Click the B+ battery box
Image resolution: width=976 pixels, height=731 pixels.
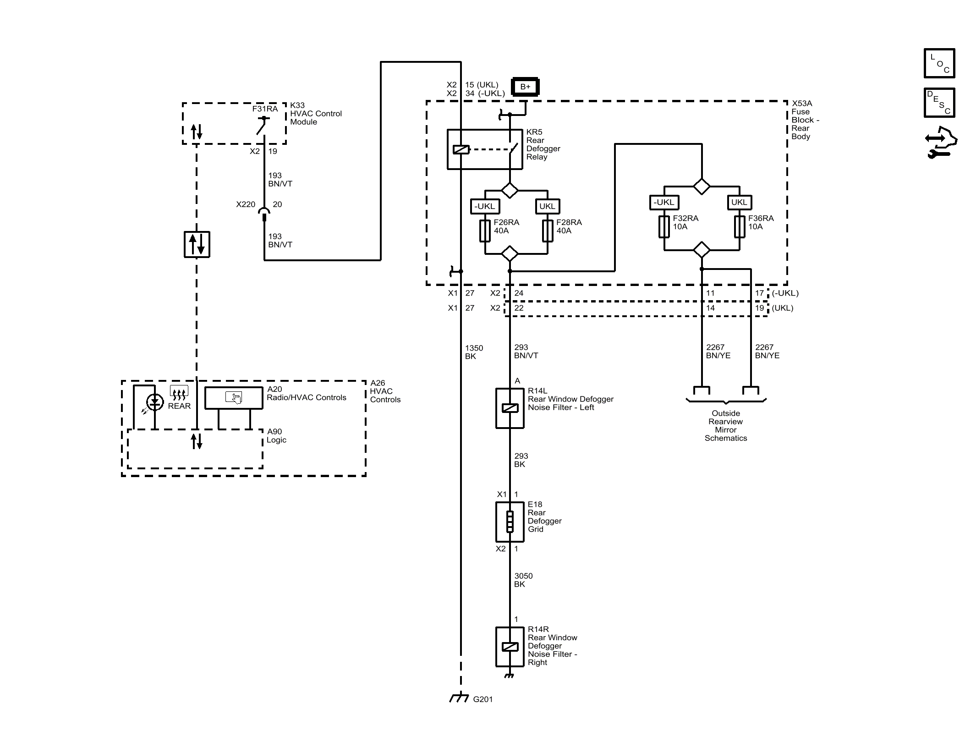[525, 87]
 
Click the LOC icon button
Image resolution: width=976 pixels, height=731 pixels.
[939, 63]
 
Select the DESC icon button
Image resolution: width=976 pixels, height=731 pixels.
[939, 103]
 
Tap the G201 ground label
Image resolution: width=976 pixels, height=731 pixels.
[483, 699]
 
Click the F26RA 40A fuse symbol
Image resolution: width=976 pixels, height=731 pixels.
[485, 231]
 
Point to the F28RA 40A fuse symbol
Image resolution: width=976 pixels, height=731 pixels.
[548, 231]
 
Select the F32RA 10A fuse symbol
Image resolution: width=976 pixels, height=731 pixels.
[664, 226]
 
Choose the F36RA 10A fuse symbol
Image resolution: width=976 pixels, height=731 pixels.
[739, 226]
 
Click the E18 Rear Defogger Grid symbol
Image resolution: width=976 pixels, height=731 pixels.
[510, 522]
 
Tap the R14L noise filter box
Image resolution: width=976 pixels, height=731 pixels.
[510, 408]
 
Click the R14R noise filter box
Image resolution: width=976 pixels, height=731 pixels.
[510, 647]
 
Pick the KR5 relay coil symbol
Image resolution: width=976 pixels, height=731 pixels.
[461, 149]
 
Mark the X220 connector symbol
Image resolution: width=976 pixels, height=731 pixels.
[264, 212]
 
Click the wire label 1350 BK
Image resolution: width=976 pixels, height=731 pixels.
[474, 352]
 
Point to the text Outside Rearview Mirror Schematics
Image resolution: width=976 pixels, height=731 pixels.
[725, 425]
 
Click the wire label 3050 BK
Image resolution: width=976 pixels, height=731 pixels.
[523, 580]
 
